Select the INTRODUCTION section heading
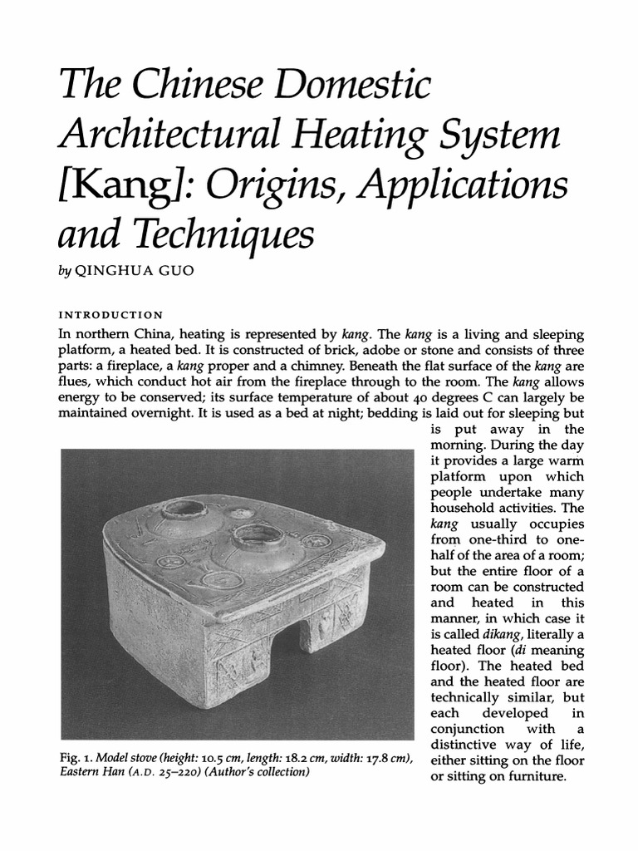point(110,316)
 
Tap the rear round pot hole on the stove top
point(184,508)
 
